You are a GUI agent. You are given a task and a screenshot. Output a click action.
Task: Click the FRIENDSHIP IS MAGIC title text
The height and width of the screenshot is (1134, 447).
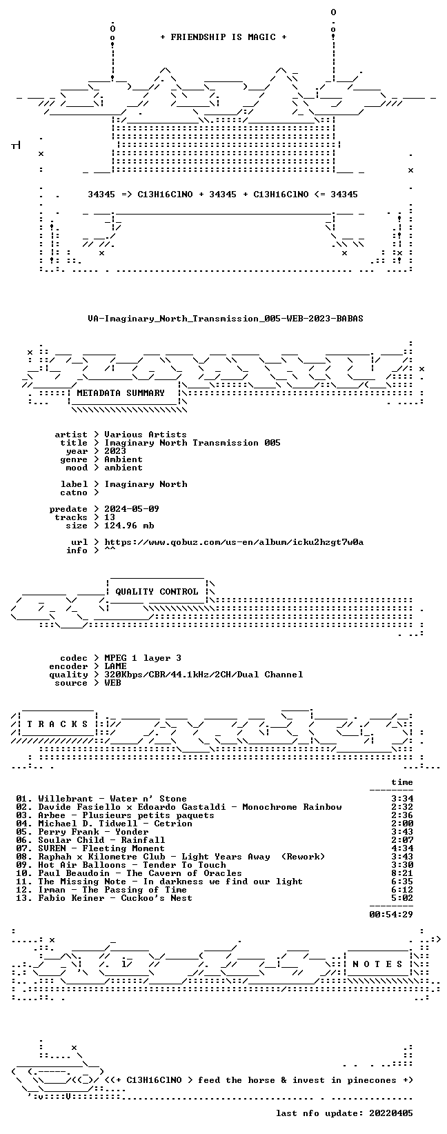(x=223, y=37)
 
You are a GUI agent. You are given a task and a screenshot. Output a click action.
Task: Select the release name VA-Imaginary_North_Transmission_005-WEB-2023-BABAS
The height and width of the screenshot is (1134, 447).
(x=226, y=319)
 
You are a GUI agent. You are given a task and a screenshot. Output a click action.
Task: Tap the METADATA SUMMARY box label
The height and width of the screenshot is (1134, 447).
(x=121, y=393)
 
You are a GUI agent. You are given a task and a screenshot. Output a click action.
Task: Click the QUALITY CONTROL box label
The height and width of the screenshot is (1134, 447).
(x=157, y=591)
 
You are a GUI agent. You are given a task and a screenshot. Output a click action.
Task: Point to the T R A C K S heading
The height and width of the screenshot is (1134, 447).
(x=58, y=724)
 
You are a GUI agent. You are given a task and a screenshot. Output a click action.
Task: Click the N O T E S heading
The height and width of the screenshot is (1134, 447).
(x=377, y=964)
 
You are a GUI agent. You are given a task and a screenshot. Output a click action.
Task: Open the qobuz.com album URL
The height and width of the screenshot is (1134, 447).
(x=234, y=542)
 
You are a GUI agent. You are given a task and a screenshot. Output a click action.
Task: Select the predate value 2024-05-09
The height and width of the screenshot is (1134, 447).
(x=132, y=509)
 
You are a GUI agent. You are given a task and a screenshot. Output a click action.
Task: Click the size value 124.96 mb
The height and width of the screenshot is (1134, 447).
(x=129, y=526)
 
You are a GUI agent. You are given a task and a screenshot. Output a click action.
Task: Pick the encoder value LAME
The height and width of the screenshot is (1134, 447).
(x=115, y=666)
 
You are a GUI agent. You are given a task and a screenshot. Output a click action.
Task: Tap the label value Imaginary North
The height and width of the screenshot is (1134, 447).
(x=146, y=484)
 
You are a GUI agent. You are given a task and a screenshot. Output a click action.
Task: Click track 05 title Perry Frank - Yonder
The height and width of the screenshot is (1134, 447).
(x=94, y=832)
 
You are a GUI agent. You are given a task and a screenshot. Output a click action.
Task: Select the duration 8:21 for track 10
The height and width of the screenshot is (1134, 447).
(x=402, y=873)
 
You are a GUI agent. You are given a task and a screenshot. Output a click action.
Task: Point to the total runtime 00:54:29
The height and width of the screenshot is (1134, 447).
(x=391, y=914)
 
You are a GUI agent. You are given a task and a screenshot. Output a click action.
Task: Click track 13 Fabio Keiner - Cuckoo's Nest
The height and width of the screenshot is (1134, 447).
(x=115, y=898)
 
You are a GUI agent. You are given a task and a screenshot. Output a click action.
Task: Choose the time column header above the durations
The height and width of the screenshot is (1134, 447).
(x=402, y=782)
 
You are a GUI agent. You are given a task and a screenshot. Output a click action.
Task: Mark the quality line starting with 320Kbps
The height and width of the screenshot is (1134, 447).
(x=203, y=675)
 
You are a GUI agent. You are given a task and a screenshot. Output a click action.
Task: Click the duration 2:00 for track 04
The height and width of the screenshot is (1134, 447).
(x=402, y=824)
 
